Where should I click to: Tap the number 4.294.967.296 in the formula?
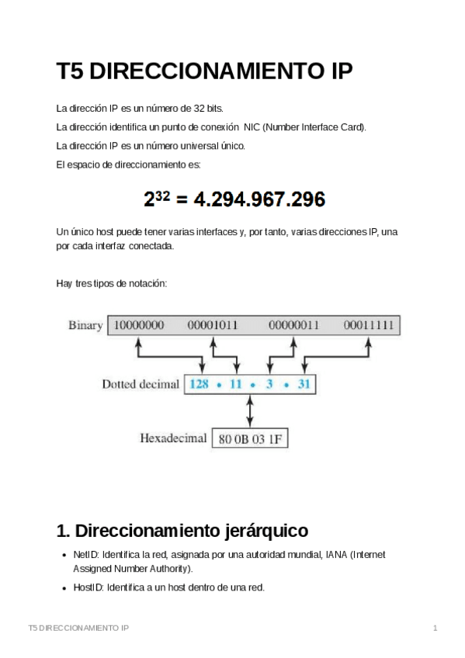[259, 200]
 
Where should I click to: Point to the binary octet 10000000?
[139, 325]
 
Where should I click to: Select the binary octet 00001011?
[212, 325]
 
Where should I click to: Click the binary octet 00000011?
[293, 325]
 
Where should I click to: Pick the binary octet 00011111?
[369, 325]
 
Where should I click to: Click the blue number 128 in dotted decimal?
[200, 384]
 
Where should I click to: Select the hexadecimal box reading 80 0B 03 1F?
[249, 439]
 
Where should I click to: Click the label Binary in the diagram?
[85, 325]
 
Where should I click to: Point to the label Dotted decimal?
[141, 384]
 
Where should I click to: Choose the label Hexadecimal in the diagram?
[173, 438]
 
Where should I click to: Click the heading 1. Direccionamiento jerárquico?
[182, 531]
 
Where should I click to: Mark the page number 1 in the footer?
[436, 627]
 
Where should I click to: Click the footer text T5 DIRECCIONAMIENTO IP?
[78, 627]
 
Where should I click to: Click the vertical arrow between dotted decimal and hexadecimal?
[249, 411]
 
